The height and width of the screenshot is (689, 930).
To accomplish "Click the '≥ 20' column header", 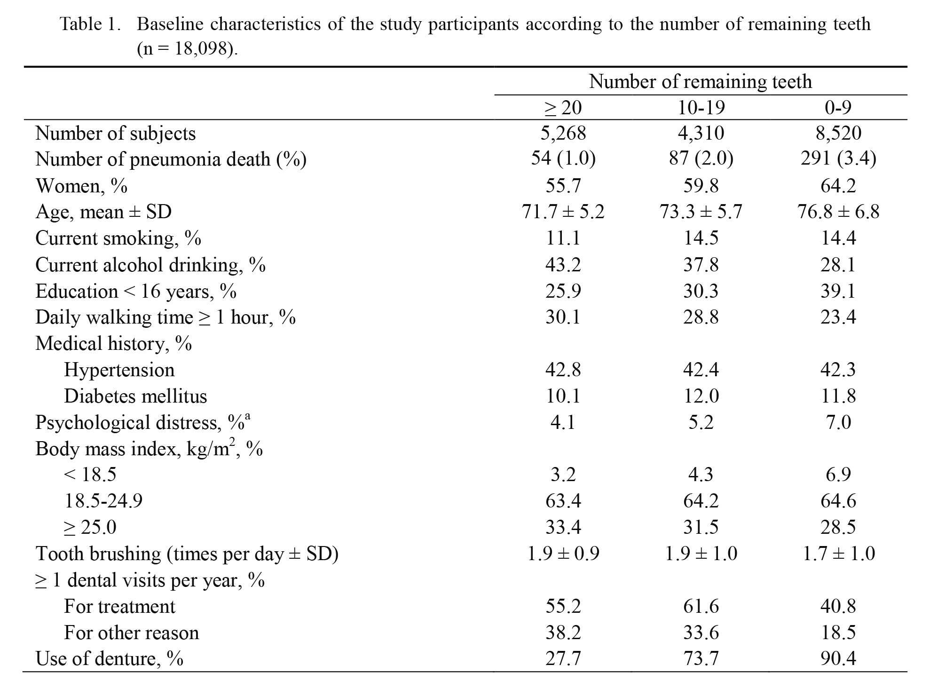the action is click(x=563, y=108).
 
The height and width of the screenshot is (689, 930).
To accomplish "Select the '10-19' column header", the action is click(x=701, y=108).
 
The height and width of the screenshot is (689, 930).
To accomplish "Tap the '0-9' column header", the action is click(x=838, y=108).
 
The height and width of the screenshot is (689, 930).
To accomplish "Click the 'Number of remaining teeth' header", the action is click(x=700, y=81).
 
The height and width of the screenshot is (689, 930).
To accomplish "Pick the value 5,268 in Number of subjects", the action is click(x=563, y=133).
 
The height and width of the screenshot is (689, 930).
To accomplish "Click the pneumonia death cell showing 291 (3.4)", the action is click(x=838, y=159).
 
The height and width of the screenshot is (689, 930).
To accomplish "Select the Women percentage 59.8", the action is click(x=701, y=186).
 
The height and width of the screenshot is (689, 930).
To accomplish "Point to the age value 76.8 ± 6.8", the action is click(x=838, y=212).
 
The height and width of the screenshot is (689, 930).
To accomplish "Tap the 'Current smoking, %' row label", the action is click(x=118, y=238).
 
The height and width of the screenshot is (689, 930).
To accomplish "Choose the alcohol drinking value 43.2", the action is click(x=563, y=265).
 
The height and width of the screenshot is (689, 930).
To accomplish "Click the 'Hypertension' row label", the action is click(x=119, y=370).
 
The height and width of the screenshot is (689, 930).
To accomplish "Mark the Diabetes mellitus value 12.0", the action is click(x=701, y=396).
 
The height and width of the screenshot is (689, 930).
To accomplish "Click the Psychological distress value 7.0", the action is click(x=838, y=422).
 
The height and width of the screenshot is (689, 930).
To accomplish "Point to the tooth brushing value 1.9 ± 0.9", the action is click(x=563, y=554).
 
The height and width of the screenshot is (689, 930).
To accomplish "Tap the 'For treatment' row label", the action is click(x=119, y=607).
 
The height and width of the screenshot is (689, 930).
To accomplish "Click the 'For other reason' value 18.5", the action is click(x=838, y=633).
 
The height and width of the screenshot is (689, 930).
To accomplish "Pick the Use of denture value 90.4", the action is click(x=838, y=659).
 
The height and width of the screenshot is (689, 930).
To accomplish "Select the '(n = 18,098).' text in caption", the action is click(x=187, y=49).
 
